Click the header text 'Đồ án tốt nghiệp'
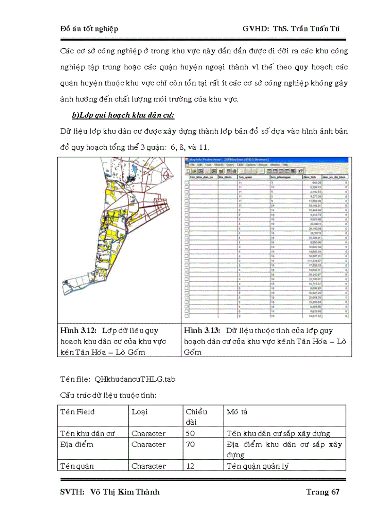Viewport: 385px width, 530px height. click(89, 29)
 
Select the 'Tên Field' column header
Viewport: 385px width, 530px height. click(77, 412)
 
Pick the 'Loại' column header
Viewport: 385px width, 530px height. click(140, 412)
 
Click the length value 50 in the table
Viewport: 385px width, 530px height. click(191, 434)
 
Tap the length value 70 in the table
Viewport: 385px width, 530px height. click(191, 445)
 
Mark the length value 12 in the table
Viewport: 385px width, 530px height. click(190, 466)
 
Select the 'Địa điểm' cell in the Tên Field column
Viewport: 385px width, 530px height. click(77, 445)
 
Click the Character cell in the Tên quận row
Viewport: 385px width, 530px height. click(149, 466)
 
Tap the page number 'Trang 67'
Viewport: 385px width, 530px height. click(323, 492)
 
